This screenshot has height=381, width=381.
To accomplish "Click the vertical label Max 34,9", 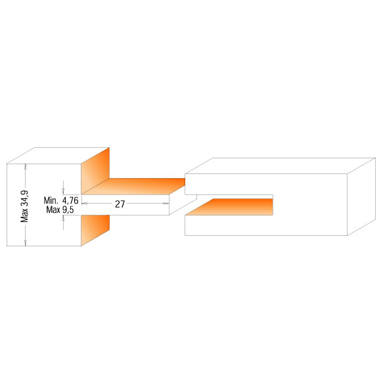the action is click(24, 206).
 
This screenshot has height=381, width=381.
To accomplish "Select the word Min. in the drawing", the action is click(51, 201).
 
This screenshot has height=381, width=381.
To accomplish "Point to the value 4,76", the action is click(70, 201).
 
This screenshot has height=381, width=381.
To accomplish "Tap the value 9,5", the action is click(68, 210).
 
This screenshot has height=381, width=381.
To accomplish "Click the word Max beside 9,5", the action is click(53, 210).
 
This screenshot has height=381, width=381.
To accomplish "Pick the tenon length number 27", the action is click(120, 204).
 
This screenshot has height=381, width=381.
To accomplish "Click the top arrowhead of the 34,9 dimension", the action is click(26, 166).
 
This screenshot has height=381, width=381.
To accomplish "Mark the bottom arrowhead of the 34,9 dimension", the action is click(26, 243).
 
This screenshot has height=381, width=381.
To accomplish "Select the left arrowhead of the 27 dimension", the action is click(84, 204).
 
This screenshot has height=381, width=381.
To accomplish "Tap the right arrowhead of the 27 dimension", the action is click(166, 204).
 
